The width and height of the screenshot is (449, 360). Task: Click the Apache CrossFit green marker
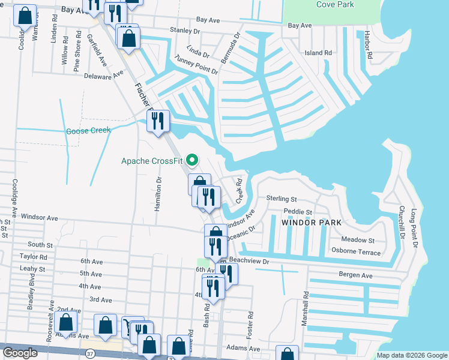pyautogui.click(x=192, y=160)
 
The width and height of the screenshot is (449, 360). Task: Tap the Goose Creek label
pyautogui.click(x=88, y=131)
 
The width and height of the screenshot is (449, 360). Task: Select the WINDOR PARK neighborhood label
pyautogui.click(x=311, y=223)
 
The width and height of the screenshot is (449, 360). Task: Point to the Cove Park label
pyautogui.click(x=334, y=5)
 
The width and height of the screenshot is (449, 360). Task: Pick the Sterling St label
pyautogui.click(x=282, y=199)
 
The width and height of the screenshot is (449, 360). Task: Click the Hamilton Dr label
pyautogui.click(x=159, y=191)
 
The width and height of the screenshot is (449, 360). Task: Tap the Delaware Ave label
pyautogui.click(x=103, y=75)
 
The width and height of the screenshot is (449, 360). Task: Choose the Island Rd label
pyautogui.click(x=318, y=53)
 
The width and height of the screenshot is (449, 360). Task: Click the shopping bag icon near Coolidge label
pyautogui.click(x=25, y=17)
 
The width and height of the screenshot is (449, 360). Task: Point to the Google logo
pyautogui.click(x=20, y=353)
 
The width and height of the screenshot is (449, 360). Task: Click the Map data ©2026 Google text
pyautogui.click(x=412, y=355)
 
